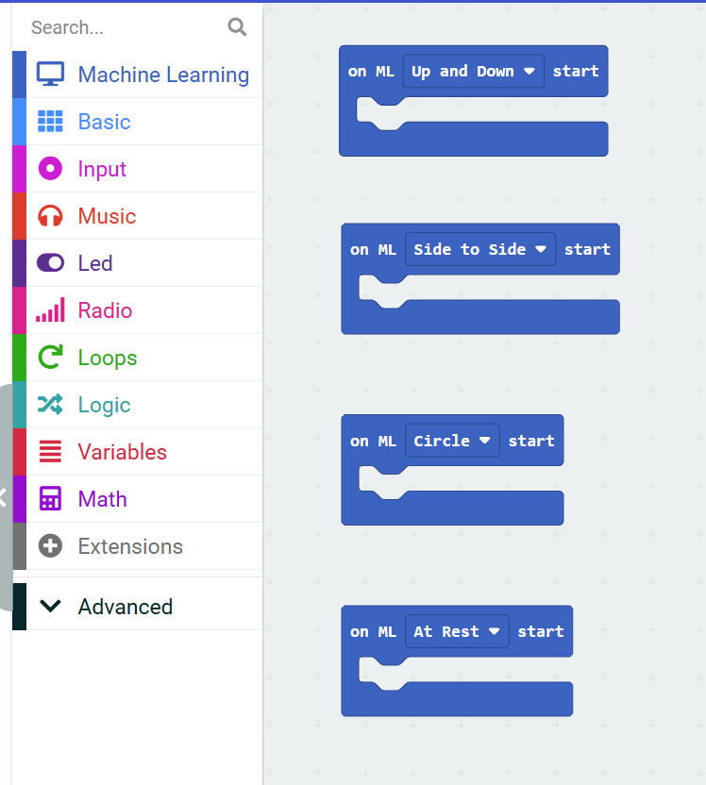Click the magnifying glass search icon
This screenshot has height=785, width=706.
(x=237, y=27)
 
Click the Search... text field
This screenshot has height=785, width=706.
(x=123, y=27)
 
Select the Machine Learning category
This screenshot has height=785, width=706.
(x=162, y=75)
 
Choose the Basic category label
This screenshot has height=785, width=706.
(x=104, y=122)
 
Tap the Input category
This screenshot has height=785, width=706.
(x=102, y=169)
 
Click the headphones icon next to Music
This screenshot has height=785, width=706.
(x=50, y=216)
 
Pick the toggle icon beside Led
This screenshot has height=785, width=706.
(x=50, y=263)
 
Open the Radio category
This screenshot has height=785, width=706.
(x=105, y=310)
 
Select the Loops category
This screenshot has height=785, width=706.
(x=107, y=358)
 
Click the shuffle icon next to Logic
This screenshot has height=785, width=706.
(x=50, y=405)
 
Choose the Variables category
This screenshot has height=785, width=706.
(x=122, y=452)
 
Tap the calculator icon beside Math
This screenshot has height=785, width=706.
(x=50, y=499)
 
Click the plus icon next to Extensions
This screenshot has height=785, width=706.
(x=50, y=546)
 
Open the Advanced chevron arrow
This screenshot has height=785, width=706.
(x=50, y=607)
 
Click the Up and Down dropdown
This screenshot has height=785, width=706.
(x=473, y=72)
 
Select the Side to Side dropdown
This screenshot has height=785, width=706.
(x=479, y=250)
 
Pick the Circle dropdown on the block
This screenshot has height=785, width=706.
(x=452, y=441)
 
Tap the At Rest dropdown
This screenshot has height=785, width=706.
(x=457, y=632)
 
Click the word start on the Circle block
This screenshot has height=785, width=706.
(x=531, y=441)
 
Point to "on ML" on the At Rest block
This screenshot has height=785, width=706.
(x=373, y=632)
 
